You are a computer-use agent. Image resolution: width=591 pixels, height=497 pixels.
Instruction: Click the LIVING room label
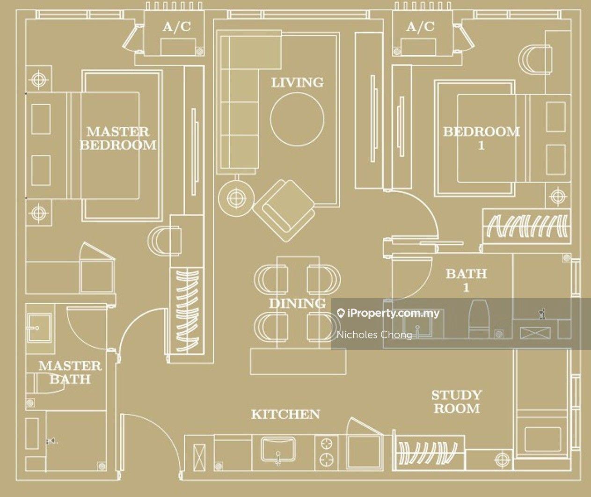297,82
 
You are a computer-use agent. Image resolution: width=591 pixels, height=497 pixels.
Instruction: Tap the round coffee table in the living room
297,119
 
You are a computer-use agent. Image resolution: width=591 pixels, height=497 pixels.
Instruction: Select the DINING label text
297,303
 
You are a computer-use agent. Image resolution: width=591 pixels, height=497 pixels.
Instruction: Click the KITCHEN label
285,414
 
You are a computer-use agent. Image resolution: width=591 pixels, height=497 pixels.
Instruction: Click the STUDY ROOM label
457,402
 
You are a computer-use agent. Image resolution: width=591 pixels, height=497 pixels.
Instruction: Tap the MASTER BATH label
70,373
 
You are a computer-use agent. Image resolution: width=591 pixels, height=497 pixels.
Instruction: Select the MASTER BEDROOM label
118,139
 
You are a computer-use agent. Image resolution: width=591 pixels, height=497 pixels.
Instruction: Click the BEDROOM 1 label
481,139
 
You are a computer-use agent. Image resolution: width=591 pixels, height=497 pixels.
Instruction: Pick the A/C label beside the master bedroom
176,27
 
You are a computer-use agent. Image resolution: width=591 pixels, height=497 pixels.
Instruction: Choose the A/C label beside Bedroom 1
420,27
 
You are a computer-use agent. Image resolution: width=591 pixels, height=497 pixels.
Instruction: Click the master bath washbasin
39,328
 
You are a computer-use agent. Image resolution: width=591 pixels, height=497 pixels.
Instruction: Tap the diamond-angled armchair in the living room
284,211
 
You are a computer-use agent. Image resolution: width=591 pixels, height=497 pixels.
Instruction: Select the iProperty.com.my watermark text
388,313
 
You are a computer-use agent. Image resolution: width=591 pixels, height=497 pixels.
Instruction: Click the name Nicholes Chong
374,335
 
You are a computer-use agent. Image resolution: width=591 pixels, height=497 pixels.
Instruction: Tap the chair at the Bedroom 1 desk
535,60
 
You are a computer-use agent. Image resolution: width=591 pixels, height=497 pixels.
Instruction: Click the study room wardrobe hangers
428,453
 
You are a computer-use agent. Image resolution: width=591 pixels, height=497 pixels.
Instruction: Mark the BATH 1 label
466,280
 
